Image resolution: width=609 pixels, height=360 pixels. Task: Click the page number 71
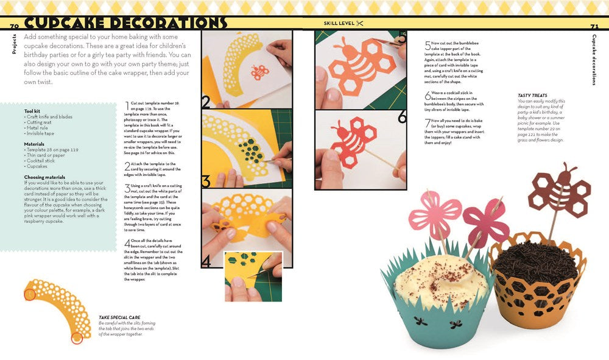point(594,27)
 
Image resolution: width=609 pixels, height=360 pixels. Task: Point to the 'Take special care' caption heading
point(118,317)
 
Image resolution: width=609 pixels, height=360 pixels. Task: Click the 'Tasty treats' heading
point(532,96)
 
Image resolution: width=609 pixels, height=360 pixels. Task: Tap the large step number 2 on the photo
point(206,101)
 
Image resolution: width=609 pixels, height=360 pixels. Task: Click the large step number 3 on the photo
point(206,180)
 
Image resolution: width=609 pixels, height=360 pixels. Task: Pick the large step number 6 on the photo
point(401,116)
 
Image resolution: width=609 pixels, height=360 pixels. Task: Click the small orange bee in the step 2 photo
point(261,72)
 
